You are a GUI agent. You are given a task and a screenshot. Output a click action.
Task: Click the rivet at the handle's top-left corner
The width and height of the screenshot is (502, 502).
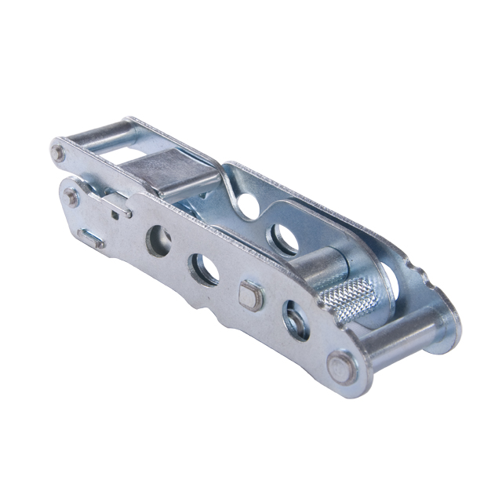pyautogui.click(x=58, y=152)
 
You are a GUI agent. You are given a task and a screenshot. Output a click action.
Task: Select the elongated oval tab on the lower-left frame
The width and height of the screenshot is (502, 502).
pyautogui.click(x=92, y=238)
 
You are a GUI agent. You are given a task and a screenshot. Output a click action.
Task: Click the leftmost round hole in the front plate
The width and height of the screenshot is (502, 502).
pyautogui.click(x=159, y=239)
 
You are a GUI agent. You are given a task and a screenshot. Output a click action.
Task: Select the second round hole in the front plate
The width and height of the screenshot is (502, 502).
pyautogui.click(x=204, y=268)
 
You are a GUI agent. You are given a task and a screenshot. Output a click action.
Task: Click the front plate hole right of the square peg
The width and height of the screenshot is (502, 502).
pyautogui.click(x=295, y=320)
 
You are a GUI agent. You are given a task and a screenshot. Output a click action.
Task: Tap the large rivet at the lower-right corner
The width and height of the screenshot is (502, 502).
pyautogui.click(x=342, y=366)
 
